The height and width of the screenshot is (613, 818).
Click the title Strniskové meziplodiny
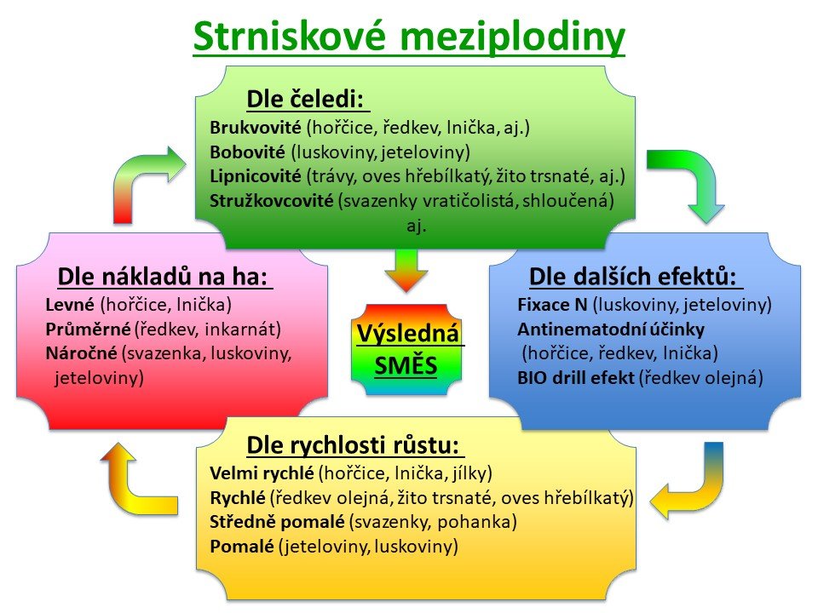coord(409,36)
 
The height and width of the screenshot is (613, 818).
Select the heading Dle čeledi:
coord(305,99)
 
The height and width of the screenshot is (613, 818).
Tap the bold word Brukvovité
coord(256,127)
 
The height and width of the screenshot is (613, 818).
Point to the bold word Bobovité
coord(247,152)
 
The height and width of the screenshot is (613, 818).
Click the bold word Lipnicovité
coord(256,176)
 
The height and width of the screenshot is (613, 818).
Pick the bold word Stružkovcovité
coord(271,201)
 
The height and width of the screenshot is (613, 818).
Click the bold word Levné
coord(70,305)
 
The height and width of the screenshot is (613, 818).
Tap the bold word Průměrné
coord(88,329)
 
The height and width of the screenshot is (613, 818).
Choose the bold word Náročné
coord(82,353)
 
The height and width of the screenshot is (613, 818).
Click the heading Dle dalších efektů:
coord(633,276)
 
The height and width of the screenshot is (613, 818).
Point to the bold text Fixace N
coord(552,305)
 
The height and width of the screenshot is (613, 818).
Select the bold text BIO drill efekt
coord(576,377)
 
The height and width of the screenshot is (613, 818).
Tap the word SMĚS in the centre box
coord(406,365)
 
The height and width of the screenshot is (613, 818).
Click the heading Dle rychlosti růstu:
coord(353,445)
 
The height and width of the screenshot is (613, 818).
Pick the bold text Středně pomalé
coord(277,522)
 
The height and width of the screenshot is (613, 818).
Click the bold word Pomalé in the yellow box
coord(241,547)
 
